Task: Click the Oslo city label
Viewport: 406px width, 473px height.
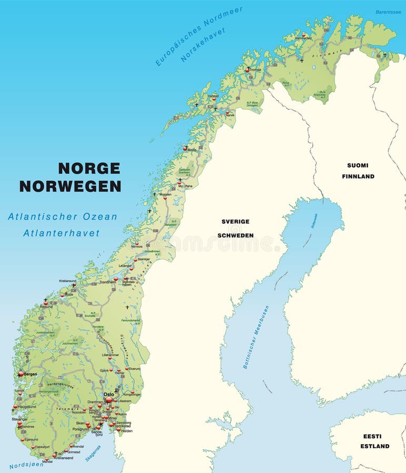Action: [x=108, y=394]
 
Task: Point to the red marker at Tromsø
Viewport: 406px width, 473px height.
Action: [x=248, y=69]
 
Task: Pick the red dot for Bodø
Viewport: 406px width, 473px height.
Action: [x=185, y=149]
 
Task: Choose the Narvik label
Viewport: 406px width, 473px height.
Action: [x=230, y=115]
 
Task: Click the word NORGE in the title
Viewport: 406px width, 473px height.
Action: [x=89, y=168]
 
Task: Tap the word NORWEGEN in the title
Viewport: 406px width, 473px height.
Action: [x=70, y=186]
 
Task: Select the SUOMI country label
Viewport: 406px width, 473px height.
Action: [x=358, y=165]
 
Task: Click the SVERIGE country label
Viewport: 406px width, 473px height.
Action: [x=235, y=222]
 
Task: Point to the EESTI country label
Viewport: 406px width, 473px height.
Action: [x=372, y=436]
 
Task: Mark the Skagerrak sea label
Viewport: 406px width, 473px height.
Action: [x=93, y=453]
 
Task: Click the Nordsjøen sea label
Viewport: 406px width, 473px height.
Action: [x=26, y=465]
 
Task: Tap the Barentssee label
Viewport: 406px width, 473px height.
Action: [x=388, y=12]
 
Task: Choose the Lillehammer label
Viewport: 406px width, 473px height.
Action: [x=110, y=355]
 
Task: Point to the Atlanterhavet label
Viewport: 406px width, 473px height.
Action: [x=61, y=233]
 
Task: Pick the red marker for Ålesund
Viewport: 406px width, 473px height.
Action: [x=46, y=303]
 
